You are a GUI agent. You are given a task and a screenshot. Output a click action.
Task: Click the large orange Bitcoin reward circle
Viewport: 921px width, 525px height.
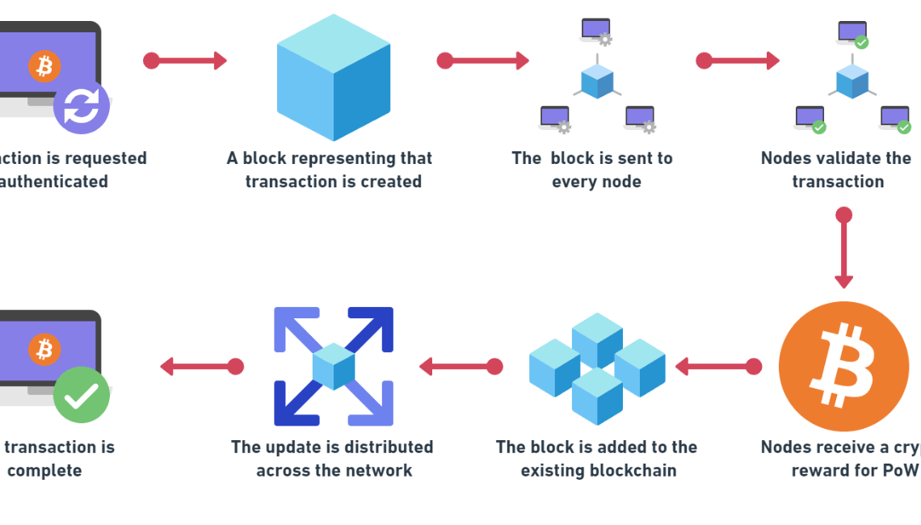(843, 366)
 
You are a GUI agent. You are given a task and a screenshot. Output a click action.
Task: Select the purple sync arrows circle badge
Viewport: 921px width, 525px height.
(82, 106)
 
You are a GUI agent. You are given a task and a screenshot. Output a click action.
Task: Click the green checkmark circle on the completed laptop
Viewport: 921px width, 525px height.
(82, 394)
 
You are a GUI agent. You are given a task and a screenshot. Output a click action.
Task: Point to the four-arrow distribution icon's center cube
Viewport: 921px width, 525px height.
(334, 366)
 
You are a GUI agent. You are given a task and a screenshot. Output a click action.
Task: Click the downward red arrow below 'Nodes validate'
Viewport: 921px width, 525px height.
(843, 250)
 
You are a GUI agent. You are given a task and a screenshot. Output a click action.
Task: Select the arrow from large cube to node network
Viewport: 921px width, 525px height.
(483, 61)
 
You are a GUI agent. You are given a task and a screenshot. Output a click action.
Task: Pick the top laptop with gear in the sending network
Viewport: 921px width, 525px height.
(596, 31)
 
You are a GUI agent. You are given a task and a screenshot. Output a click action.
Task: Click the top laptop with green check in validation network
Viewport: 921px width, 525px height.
(853, 32)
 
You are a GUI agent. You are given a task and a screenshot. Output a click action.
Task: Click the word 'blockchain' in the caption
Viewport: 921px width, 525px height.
(636, 470)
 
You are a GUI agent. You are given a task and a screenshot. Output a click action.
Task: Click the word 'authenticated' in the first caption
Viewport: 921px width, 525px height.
(54, 182)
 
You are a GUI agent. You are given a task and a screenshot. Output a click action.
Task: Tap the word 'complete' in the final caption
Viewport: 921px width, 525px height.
(44, 470)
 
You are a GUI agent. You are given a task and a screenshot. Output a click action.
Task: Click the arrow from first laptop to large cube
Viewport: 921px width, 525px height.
(185, 61)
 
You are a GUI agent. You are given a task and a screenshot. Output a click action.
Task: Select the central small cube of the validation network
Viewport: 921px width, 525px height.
(852, 82)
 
